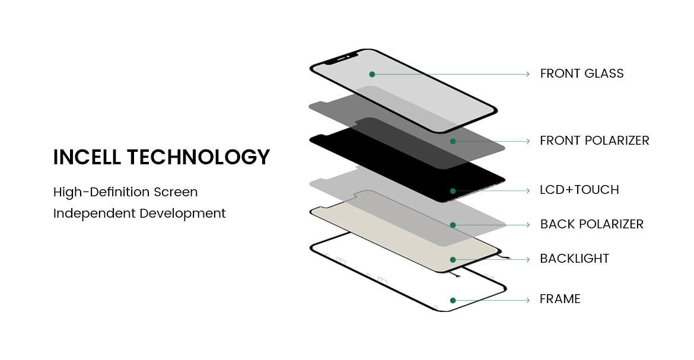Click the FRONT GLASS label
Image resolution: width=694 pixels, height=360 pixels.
(581, 74)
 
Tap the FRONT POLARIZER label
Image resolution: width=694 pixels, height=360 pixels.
(594, 141)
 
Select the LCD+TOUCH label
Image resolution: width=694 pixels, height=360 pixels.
(580, 190)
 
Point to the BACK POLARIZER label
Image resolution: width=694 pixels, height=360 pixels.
(592, 225)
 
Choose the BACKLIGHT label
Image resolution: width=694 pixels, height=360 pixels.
(575, 259)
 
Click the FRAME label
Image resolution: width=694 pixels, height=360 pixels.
(560, 300)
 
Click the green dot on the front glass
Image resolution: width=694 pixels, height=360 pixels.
(373, 74)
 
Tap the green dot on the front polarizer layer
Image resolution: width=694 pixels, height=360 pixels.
(453, 141)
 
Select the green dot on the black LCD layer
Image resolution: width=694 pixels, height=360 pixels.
(453, 191)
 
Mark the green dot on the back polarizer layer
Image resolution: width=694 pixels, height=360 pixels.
(453, 225)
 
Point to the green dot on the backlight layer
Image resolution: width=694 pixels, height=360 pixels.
(453, 260)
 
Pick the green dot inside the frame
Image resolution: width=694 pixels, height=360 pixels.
(453, 300)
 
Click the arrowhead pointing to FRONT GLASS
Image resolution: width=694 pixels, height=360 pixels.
(527, 74)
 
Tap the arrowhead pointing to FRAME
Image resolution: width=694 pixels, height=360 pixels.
(527, 300)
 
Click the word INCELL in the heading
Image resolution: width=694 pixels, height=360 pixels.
(87, 157)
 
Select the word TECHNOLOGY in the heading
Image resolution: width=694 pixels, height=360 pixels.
(198, 157)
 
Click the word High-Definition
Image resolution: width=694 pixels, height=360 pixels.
(101, 192)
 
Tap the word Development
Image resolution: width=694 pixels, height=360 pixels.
(183, 214)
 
